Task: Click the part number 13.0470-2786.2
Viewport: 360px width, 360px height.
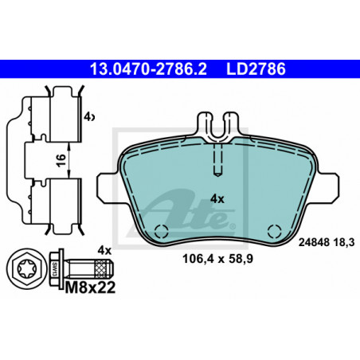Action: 148,69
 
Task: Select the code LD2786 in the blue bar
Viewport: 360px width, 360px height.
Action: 256,69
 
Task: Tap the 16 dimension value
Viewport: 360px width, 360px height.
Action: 61,160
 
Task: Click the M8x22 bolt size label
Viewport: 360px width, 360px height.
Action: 90,288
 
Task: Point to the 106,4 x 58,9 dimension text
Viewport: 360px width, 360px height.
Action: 217,259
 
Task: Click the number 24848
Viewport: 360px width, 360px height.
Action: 314,242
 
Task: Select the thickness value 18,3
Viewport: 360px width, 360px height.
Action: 344,242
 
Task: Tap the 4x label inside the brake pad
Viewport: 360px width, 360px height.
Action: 217,199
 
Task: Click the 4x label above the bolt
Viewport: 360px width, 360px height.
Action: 104,250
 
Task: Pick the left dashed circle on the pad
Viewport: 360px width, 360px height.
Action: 162,232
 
